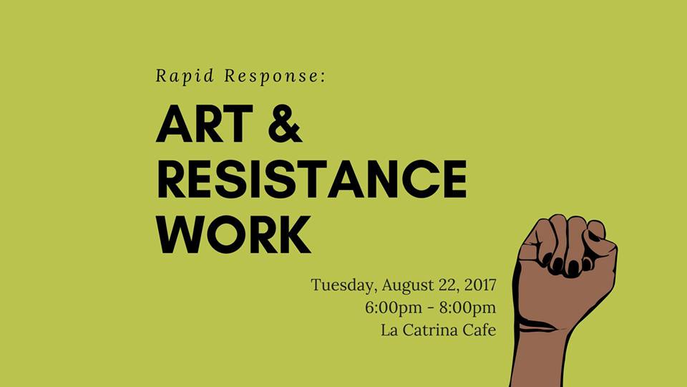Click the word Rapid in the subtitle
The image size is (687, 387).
tap(185, 77)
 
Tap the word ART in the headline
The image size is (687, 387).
tap(205, 123)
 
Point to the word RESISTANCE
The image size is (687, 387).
tap(312, 179)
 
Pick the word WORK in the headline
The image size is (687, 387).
tap(234, 234)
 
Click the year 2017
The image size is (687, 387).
tap(480, 285)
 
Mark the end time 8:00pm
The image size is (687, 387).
tap(468, 308)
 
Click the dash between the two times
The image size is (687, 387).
tap(431, 308)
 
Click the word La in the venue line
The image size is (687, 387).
tap(389, 330)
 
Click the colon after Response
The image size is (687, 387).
tap(323, 77)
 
